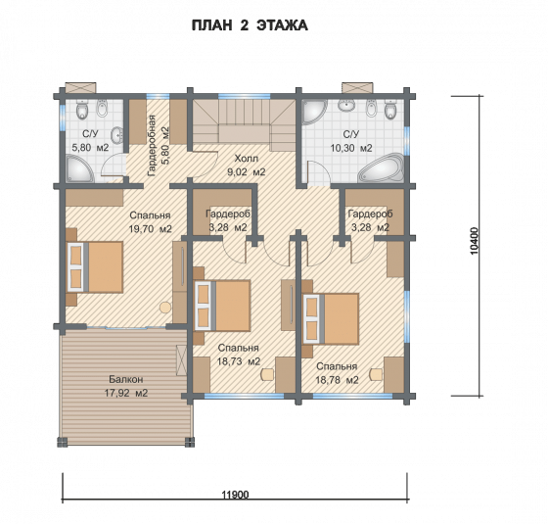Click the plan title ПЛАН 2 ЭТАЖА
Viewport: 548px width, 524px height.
(x=250, y=25)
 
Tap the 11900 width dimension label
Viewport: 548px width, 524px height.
(x=235, y=495)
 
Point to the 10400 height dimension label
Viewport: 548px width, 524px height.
(x=474, y=241)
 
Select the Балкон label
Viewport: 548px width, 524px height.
(x=126, y=379)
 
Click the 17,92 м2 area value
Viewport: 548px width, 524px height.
(x=126, y=393)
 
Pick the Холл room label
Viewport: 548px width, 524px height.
(x=246, y=159)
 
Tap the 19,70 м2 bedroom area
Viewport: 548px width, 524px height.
(x=151, y=229)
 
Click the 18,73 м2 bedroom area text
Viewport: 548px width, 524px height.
(x=239, y=361)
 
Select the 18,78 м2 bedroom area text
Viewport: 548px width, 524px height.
(x=337, y=380)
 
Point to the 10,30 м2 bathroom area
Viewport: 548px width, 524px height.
(x=351, y=148)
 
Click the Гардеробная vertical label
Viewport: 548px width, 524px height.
(x=152, y=145)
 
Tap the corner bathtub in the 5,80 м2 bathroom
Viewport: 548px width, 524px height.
(x=79, y=168)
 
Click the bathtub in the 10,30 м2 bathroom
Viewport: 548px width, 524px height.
(x=382, y=167)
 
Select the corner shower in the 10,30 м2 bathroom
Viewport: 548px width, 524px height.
(x=313, y=112)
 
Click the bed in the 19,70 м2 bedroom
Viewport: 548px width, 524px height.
(x=95, y=266)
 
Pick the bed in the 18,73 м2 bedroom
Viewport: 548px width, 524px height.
(x=222, y=305)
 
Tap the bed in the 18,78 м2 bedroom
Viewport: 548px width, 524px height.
(x=331, y=319)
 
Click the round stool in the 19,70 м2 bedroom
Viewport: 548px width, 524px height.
(x=165, y=308)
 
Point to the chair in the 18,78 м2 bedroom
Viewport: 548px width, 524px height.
(x=377, y=374)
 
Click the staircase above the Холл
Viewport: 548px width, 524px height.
(x=245, y=125)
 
